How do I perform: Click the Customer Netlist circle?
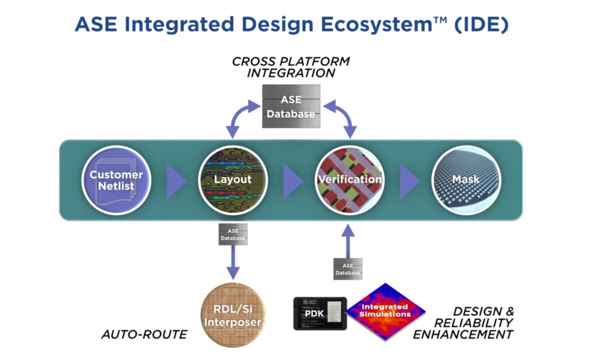(116, 180)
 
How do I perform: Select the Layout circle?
(233, 180)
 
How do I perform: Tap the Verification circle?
(349, 180)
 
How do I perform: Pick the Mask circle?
(466, 180)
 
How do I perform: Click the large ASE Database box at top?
(291, 106)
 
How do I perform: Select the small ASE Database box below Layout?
(233, 233)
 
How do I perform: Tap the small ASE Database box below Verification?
(347, 268)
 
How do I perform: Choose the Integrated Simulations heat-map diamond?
(385, 311)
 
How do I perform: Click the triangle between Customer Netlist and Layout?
(175, 180)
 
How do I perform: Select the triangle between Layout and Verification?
(292, 180)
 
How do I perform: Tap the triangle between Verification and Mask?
(409, 180)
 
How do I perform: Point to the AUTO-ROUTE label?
(144, 334)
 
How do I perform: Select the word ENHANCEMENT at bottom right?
(463, 334)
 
